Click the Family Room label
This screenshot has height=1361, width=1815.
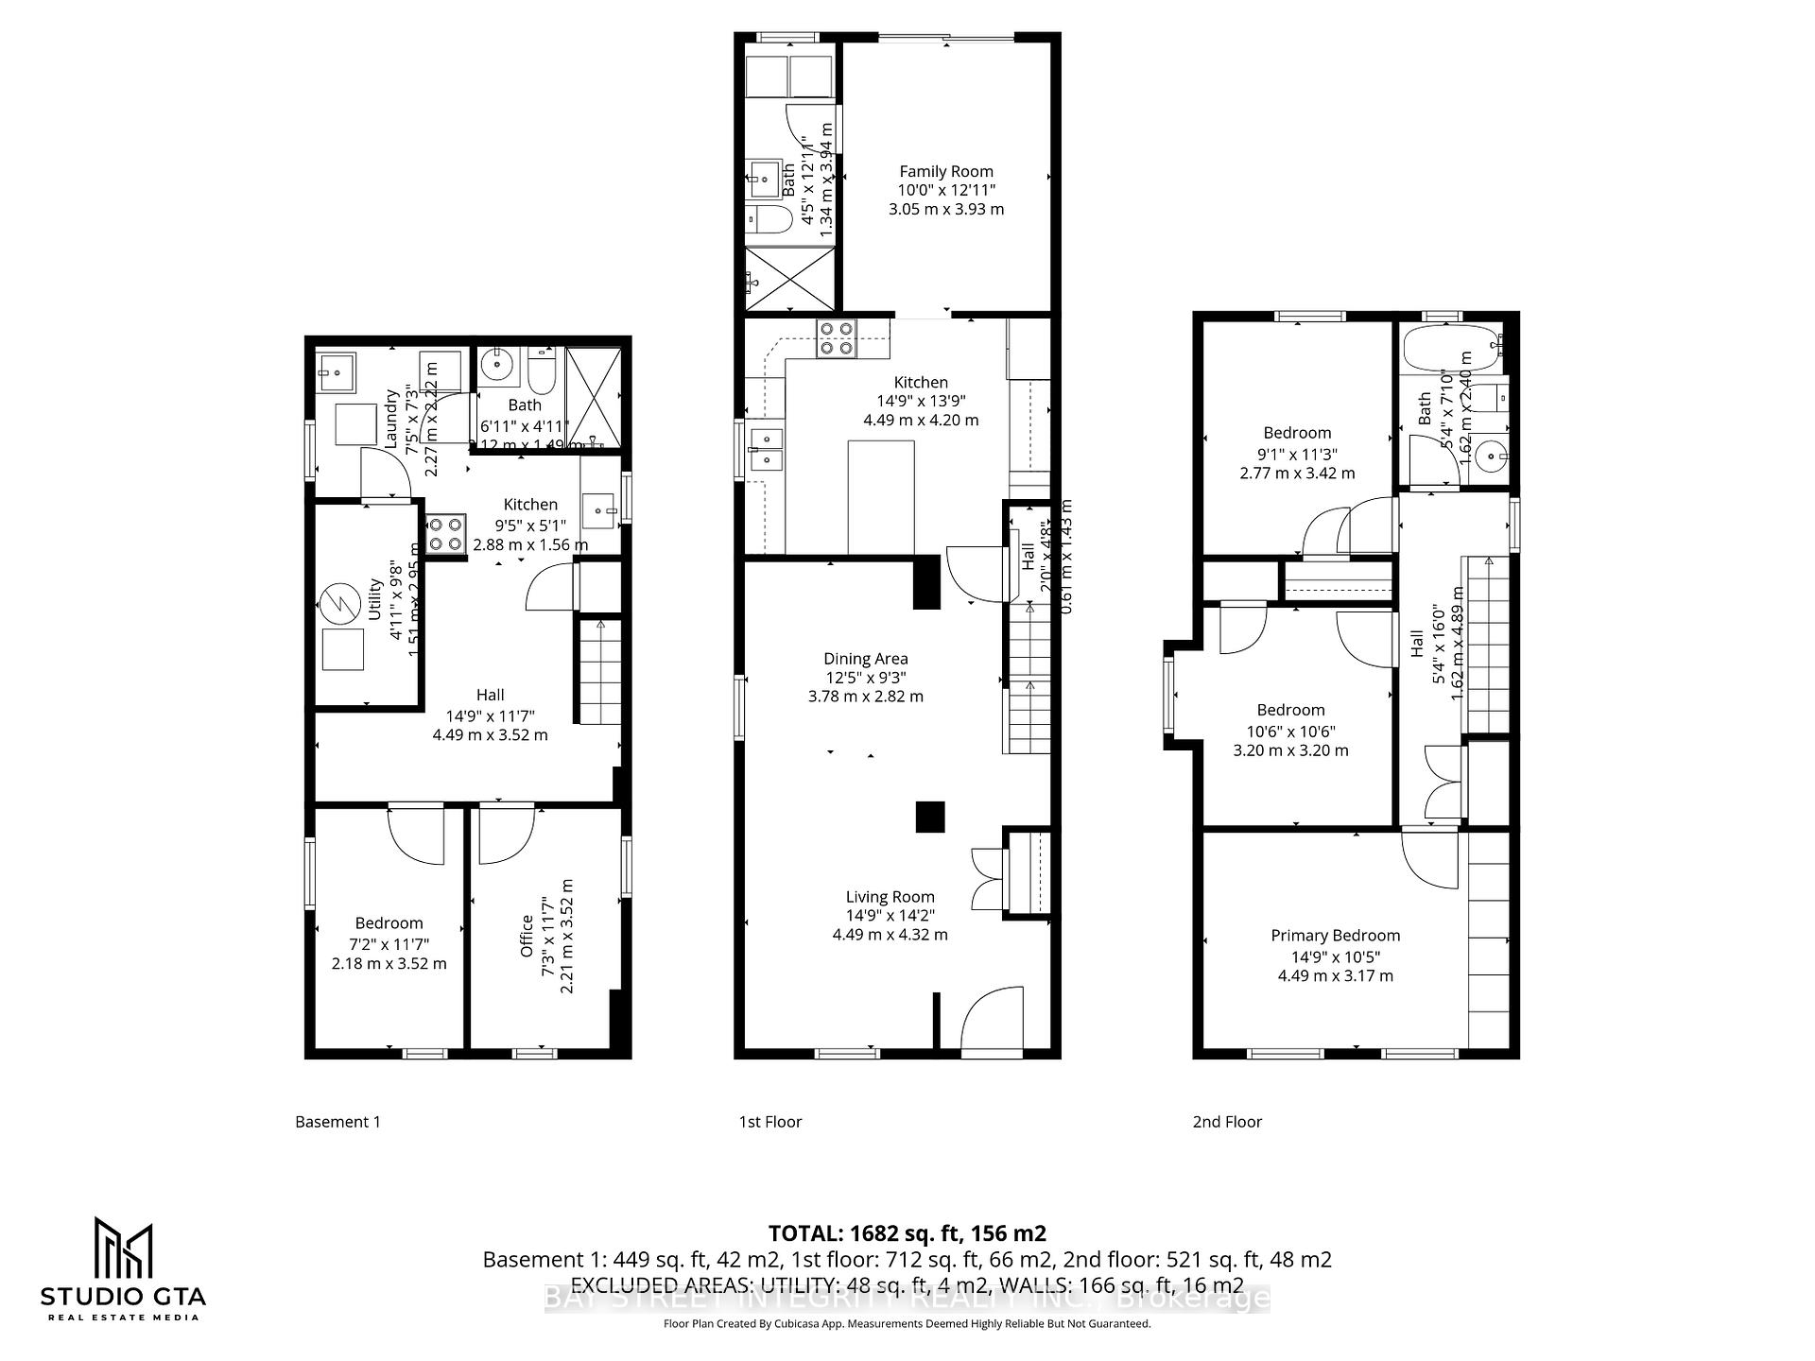pyautogui.click(x=945, y=171)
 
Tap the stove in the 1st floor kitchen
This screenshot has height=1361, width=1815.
pyautogui.click(x=837, y=338)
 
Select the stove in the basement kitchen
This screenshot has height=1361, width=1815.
pyautogui.click(x=445, y=533)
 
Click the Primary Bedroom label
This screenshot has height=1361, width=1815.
pyautogui.click(x=1335, y=935)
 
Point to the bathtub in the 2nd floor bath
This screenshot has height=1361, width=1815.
pyautogui.click(x=1447, y=351)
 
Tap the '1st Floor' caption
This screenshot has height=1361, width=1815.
pyautogui.click(x=769, y=1122)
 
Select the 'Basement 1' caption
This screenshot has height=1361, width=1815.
pyautogui.click(x=337, y=1122)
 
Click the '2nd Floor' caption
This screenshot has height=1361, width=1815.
pyautogui.click(x=1227, y=1122)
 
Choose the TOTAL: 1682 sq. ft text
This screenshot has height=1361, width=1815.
pyautogui.click(x=907, y=1232)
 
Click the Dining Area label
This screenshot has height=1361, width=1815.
pyautogui.click(x=865, y=659)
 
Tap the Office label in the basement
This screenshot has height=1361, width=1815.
pyautogui.click(x=527, y=936)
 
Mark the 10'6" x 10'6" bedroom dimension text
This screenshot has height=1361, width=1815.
pyautogui.click(x=1290, y=731)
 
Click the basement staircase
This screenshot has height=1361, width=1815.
pyautogui.click(x=599, y=673)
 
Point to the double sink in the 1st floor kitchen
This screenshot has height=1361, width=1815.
pyautogui.click(x=766, y=451)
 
